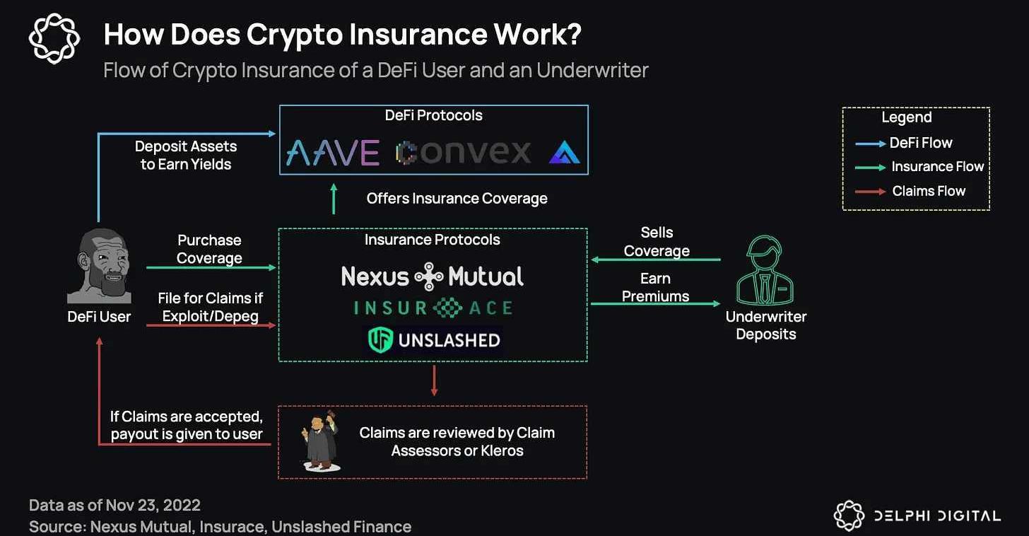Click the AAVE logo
point(332,152)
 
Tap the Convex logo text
point(464,152)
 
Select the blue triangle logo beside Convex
point(564,152)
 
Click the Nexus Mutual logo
point(432,276)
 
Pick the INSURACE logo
point(433,308)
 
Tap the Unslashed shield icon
point(380,340)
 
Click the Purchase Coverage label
point(209,249)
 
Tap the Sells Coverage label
point(657,241)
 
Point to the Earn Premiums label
point(655,287)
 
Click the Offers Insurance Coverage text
point(457,199)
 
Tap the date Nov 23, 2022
point(153,505)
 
